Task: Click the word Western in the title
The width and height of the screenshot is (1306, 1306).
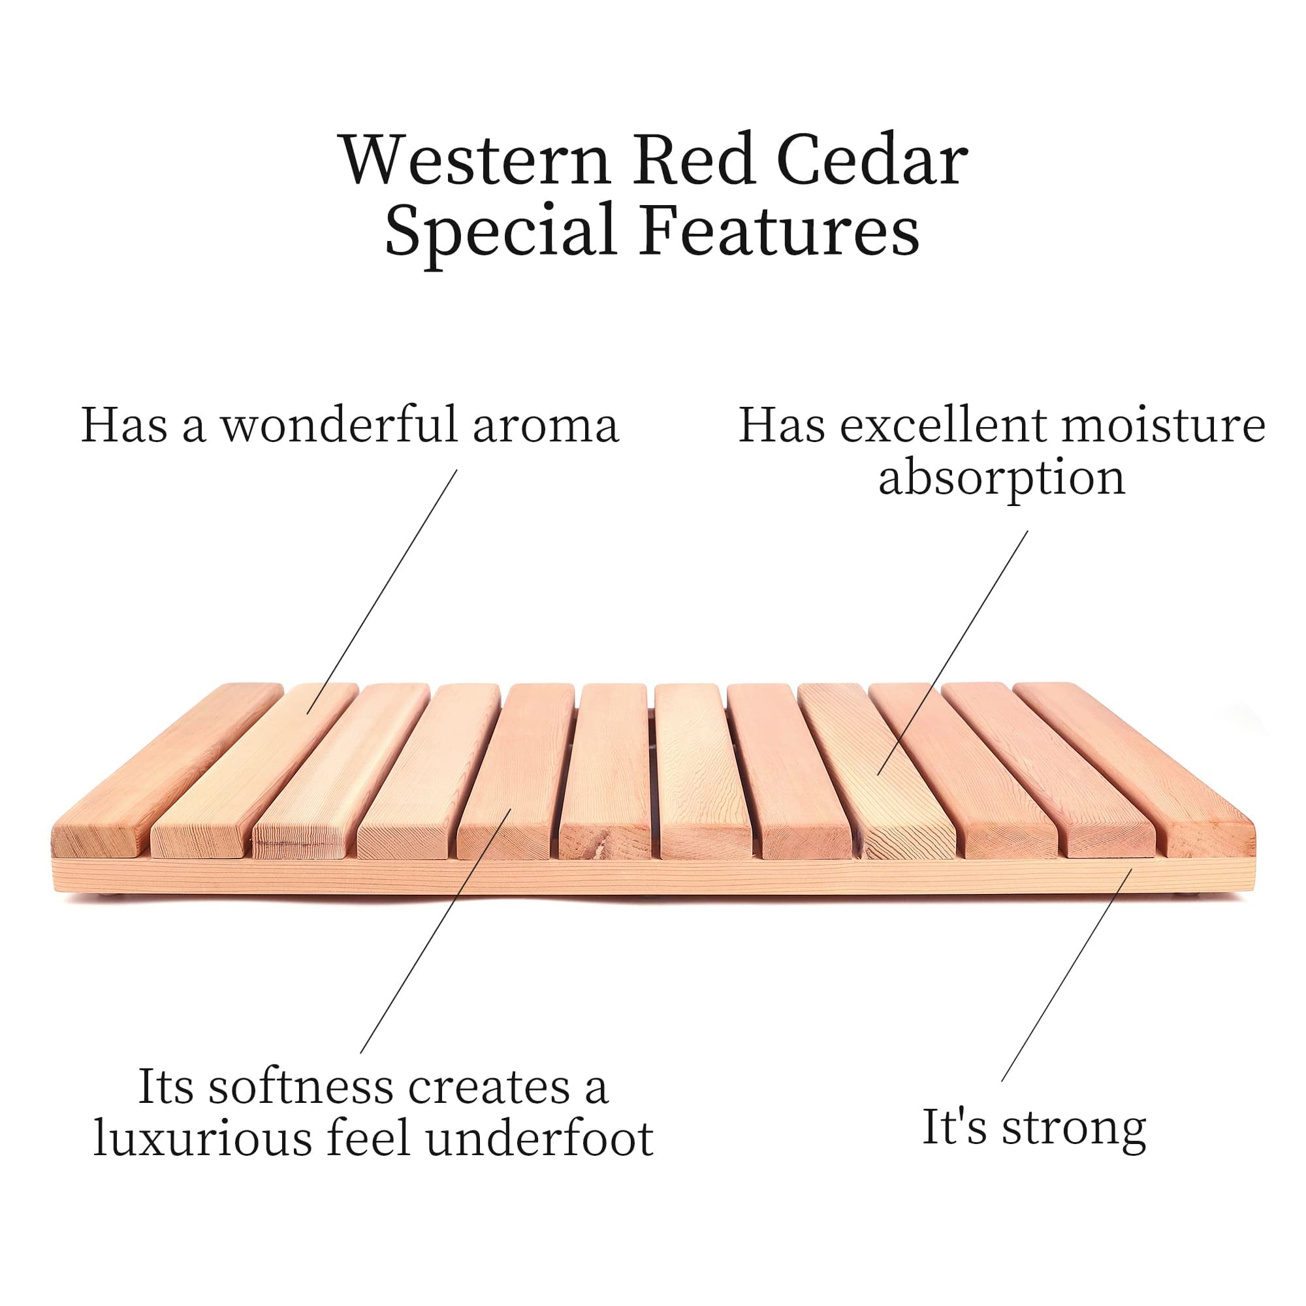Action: click(476, 161)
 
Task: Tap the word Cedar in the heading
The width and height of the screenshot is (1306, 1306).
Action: click(872, 161)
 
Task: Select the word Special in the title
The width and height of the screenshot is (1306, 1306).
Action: click(500, 230)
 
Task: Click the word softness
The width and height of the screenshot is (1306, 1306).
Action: click(300, 1087)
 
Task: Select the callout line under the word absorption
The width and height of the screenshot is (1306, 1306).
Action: click(953, 652)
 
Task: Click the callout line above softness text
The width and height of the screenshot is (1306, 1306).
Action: click(436, 930)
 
